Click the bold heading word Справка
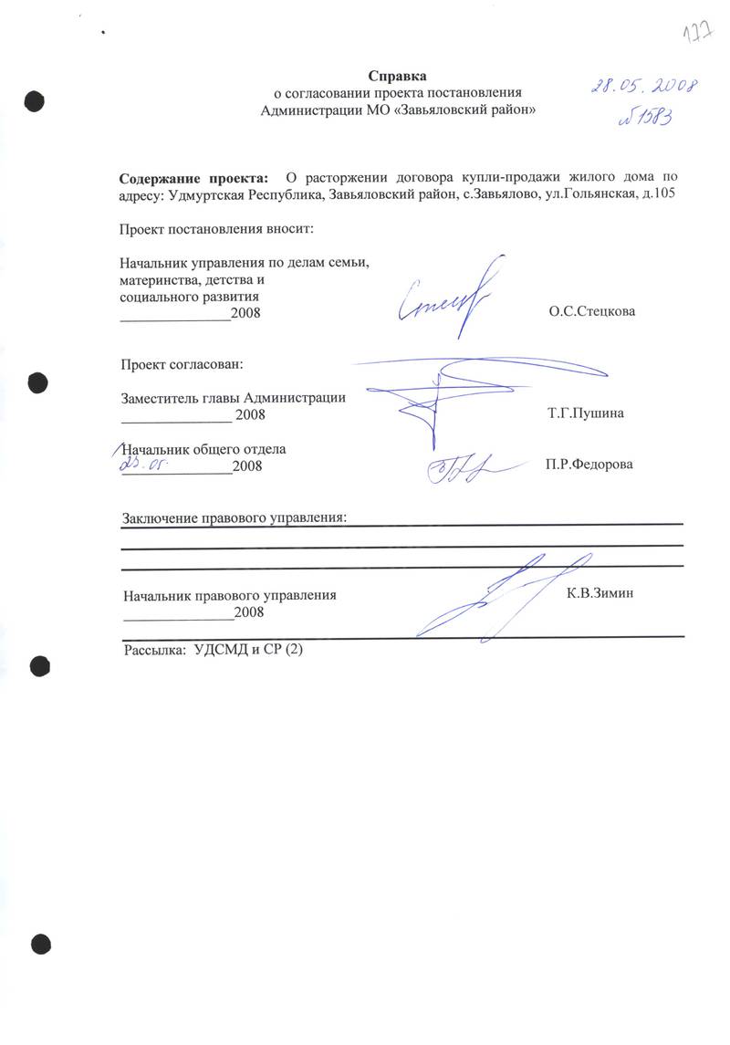tap(397, 76)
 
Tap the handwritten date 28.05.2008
tap(642, 88)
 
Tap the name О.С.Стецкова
tap(590, 311)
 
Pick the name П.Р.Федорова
tap(589, 465)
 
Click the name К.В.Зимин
tap(600, 593)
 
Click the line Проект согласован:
tap(182, 365)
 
